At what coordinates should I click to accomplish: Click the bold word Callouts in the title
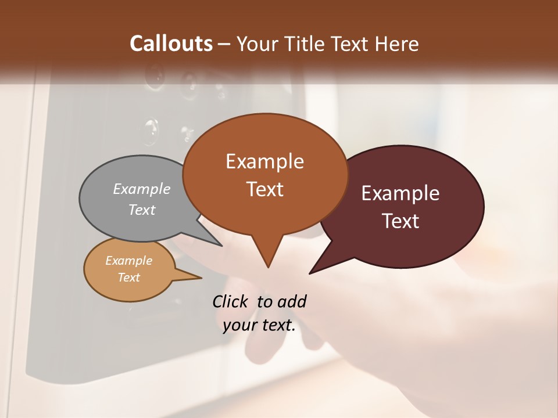pos(171,44)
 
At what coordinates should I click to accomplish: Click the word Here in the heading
pos(398,44)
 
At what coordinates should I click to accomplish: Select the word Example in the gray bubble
pos(142,189)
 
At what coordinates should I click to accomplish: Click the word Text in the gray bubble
pos(142,210)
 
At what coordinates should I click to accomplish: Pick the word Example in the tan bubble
pos(128,261)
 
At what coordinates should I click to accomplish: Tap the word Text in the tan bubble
pos(128,277)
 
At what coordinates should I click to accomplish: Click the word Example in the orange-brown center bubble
pos(264,161)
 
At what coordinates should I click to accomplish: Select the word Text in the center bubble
pos(264,189)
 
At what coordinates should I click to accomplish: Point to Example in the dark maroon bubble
pos(400,193)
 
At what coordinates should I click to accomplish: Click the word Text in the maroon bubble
pos(400,221)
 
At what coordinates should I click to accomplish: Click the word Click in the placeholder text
pos(231,301)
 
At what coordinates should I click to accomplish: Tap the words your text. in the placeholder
pos(259,325)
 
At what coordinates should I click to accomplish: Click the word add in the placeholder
pos(291,301)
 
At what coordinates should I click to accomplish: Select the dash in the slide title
pos(225,44)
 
